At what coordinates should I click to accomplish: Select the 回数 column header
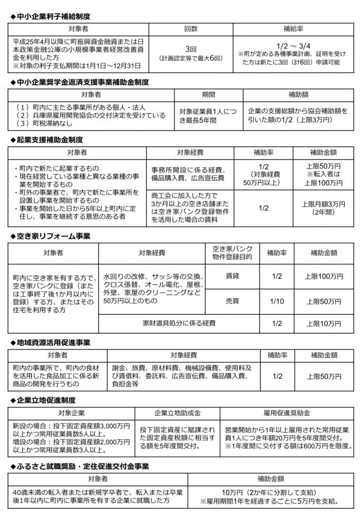pyautogui.click(x=191, y=29)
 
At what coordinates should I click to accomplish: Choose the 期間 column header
pyautogui.click(x=208, y=94)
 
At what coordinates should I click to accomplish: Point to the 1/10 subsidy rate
pyautogui.click(x=277, y=301)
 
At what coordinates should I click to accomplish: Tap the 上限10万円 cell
pyautogui.click(x=323, y=323)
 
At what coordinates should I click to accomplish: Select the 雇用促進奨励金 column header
pyautogui.click(x=287, y=412)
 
